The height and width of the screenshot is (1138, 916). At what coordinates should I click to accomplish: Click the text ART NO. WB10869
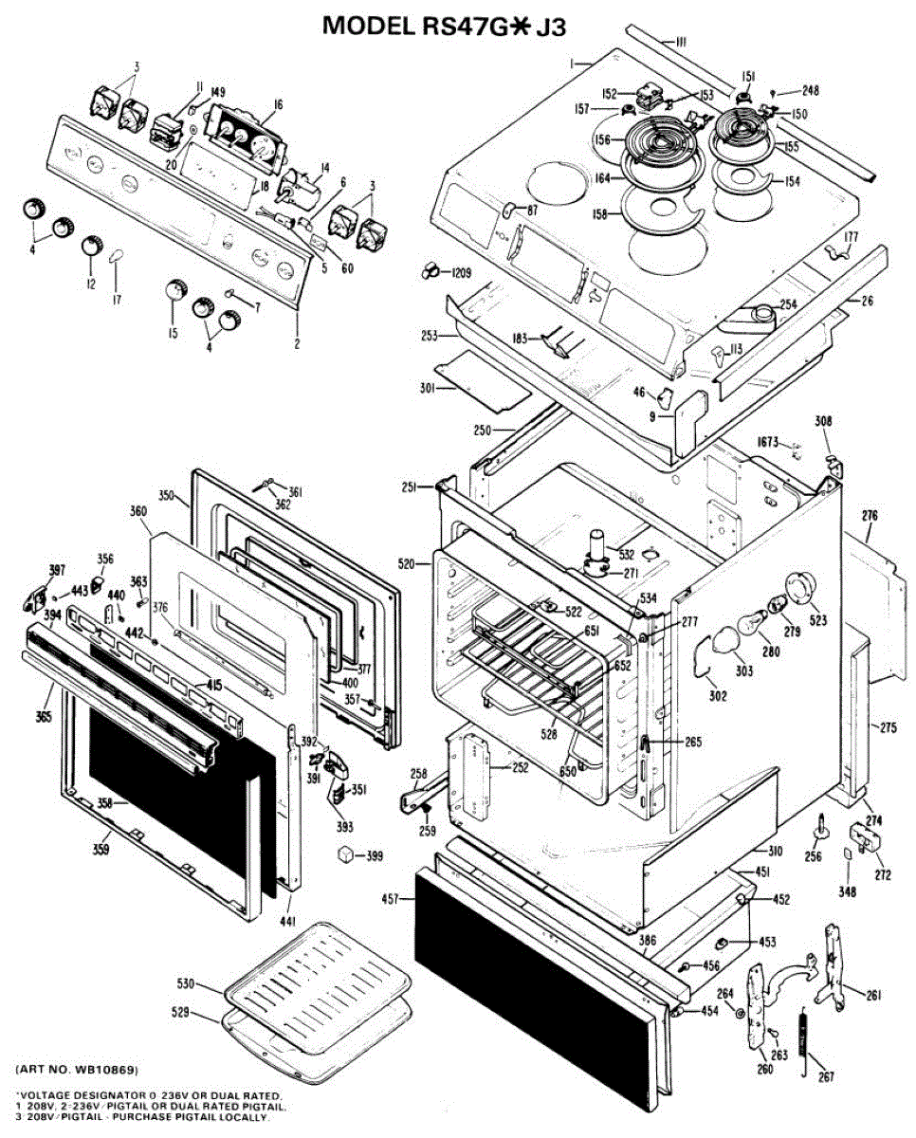click(x=83, y=1070)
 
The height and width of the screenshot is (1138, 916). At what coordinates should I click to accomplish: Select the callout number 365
click(x=44, y=716)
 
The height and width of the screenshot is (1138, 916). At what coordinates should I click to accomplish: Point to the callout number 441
click(x=288, y=922)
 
